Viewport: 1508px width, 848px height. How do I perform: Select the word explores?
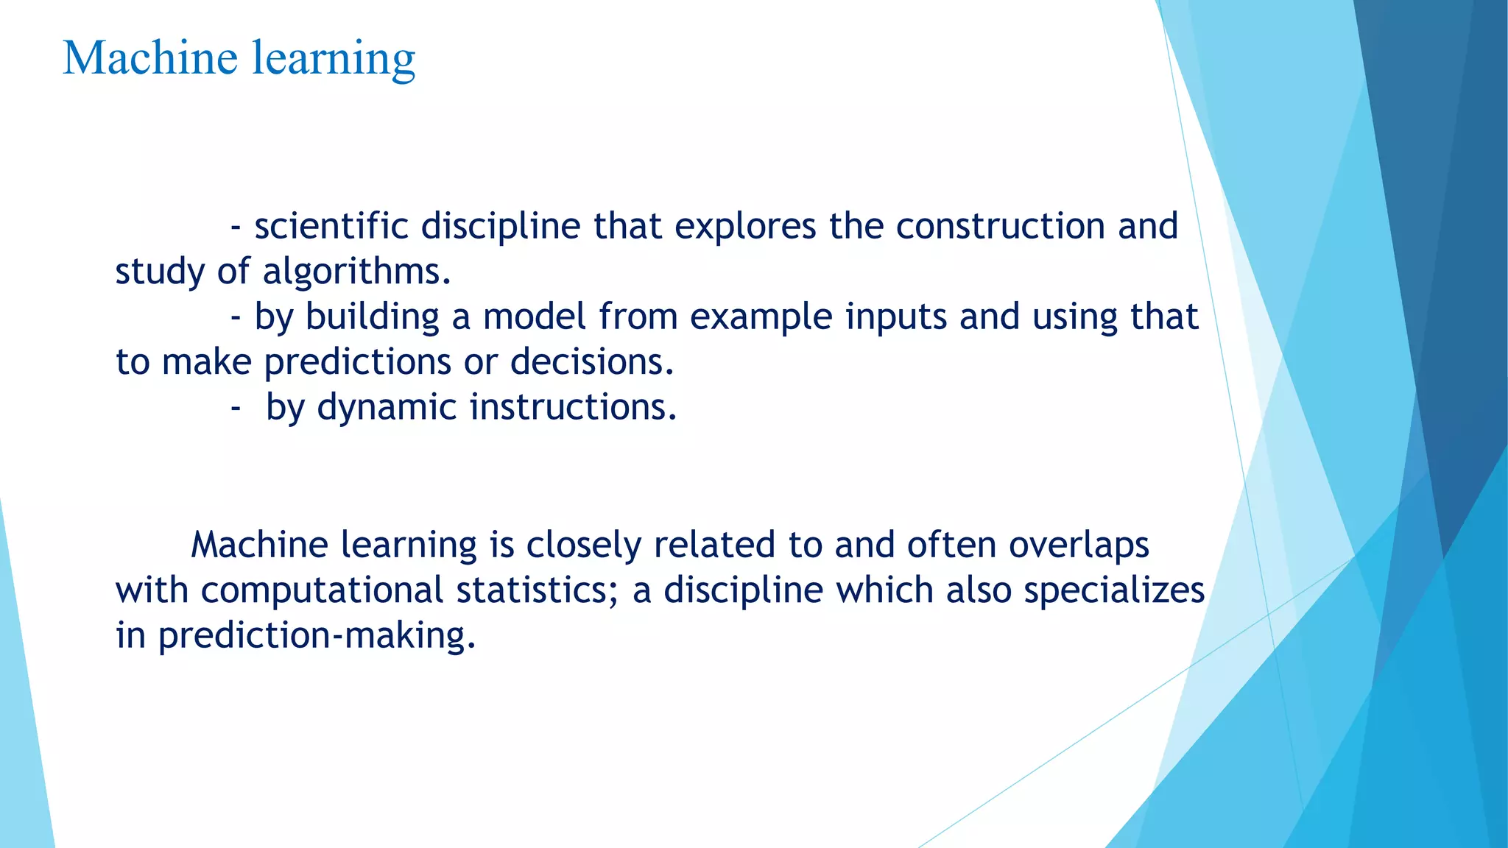click(x=745, y=227)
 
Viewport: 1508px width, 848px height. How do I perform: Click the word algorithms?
click(x=356, y=272)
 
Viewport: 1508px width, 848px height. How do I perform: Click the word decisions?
click(x=591, y=362)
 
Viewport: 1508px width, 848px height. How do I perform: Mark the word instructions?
click(x=573, y=407)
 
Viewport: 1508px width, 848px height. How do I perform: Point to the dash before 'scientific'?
click(x=236, y=227)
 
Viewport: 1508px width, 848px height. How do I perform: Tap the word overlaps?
click(x=1079, y=546)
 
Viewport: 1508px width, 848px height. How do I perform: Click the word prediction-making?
click(x=317, y=636)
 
